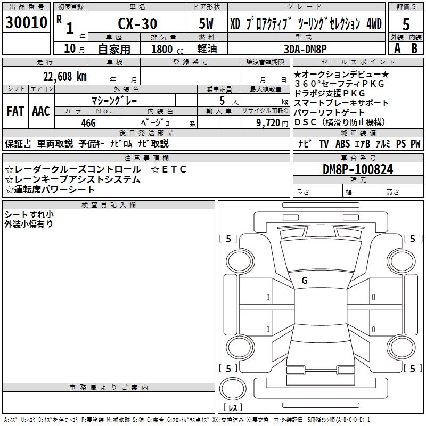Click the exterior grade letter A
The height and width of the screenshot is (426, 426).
coord(397,48)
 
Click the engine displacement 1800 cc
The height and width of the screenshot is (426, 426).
coord(166,49)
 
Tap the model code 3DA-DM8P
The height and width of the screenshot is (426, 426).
coord(305,48)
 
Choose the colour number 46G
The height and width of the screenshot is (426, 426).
coord(88,123)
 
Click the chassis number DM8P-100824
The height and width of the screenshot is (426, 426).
coord(358,170)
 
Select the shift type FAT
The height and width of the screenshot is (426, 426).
coord(15,111)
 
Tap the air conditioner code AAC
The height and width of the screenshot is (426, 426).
coord(40,111)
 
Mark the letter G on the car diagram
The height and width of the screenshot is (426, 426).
coord(304,281)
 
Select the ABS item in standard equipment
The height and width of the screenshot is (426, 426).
coord(342,144)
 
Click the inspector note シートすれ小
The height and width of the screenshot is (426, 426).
coord(29,215)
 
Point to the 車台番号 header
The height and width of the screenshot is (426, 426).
coord(358,158)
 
